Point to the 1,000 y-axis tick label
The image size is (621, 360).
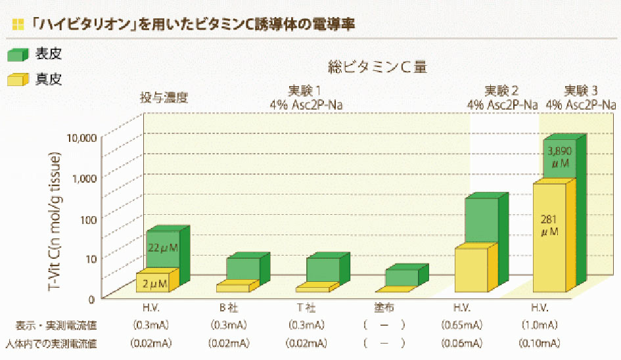[84, 177]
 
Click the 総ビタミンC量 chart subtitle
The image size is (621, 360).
[378, 68]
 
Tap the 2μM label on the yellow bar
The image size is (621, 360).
[154, 284]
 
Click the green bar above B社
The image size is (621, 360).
[243, 267]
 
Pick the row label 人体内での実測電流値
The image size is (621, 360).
[51, 343]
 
